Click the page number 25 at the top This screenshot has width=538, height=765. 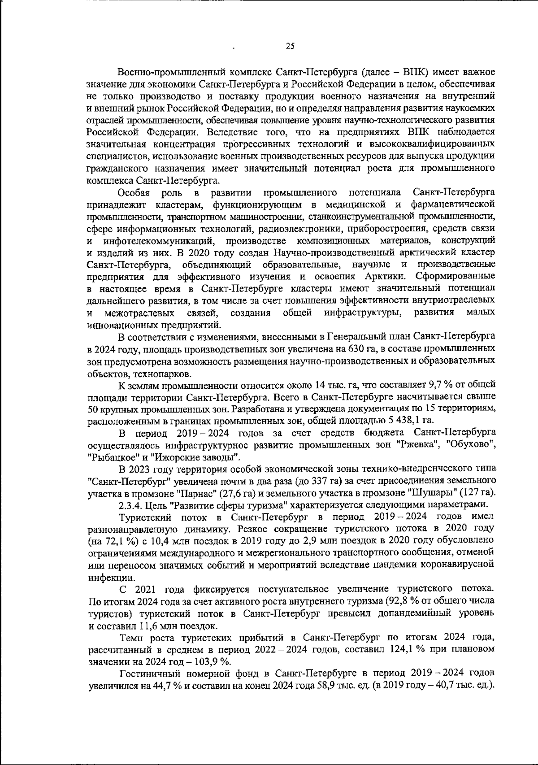point(290,45)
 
